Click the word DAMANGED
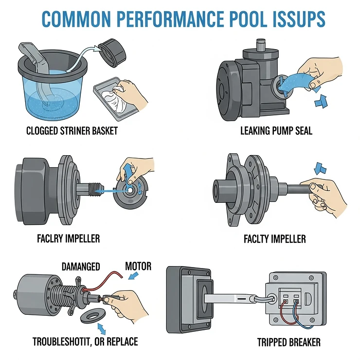(x=81, y=266)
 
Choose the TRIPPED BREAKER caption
(x=289, y=342)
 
